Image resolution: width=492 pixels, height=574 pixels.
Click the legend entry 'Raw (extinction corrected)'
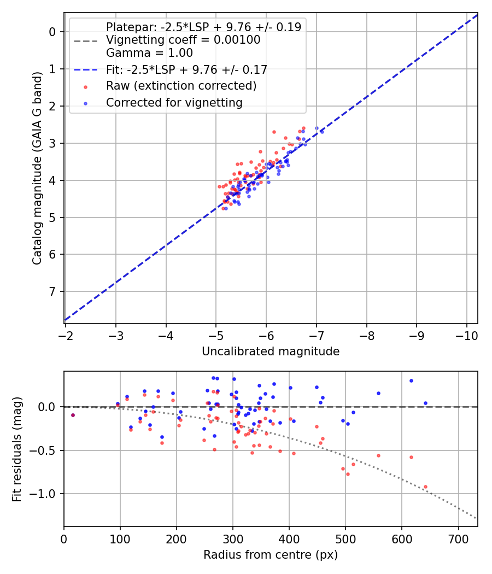click(181, 86)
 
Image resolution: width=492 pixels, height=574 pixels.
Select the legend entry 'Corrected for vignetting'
click(174, 102)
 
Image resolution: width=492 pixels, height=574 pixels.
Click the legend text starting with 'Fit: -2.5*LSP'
click(186, 69)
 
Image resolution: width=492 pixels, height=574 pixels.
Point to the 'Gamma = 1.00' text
click(149, 53)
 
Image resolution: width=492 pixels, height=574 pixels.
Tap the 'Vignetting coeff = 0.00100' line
click(183, 40)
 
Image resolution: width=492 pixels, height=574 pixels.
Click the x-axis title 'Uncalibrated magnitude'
click(271, 352)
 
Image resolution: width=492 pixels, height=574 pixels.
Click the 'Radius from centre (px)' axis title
click(271, 555)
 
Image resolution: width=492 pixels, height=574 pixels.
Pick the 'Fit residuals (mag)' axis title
click(17, 448)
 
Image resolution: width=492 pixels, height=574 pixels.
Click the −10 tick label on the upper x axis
click(466, 334)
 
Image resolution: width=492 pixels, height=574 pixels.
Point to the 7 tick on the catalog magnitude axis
click(52, 291)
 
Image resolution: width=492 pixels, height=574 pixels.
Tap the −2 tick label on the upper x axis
click(66, 334)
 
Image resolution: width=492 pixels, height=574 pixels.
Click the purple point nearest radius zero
click(73, 415)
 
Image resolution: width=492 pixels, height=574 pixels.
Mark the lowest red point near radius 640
click(425, 487)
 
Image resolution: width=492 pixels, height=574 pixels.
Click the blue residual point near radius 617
click(411, 380)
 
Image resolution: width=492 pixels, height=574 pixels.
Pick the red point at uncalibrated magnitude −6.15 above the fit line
click(274, 132)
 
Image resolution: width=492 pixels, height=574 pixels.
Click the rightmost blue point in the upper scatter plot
click(321, 132)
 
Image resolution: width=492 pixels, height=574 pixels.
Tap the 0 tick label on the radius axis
click(64, 538)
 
